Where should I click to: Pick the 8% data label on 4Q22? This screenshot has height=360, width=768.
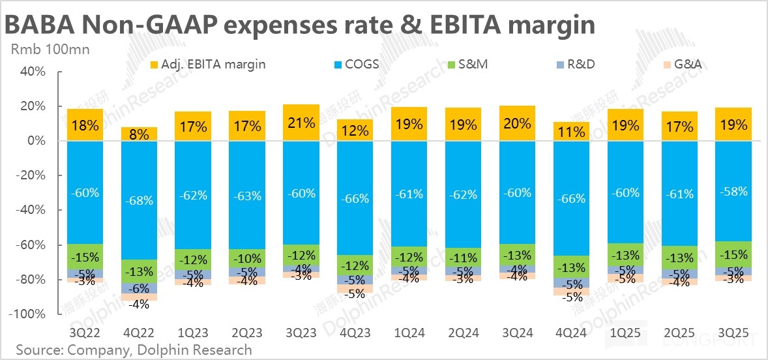pos(139,134)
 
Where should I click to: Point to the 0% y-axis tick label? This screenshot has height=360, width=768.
pos(34,141)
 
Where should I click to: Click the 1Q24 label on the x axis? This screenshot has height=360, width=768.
pos(409,333)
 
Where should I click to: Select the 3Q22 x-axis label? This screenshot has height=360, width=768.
pos(85,333)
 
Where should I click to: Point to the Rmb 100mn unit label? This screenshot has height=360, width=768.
pos(50,48)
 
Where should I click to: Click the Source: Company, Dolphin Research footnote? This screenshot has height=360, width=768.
pos(134,350)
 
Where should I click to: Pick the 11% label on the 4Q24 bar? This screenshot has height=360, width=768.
pos(572,132)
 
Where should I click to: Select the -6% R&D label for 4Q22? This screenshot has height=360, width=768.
pos(139,289)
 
